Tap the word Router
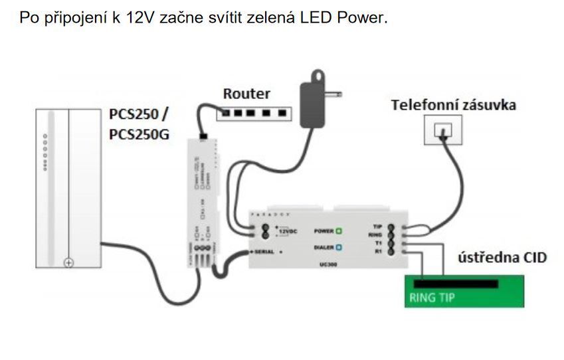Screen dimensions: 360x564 pyautogui.click(x=246, y=94)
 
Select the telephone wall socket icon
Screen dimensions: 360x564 pyautogui.click(x=442, y=130)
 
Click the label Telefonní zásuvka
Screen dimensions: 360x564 pyautogui.click(x=454, y=104)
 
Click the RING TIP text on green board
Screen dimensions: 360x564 pyautogui.click(x=432, y=297)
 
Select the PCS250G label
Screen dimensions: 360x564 pyautogui.click(x=139, y=134)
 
